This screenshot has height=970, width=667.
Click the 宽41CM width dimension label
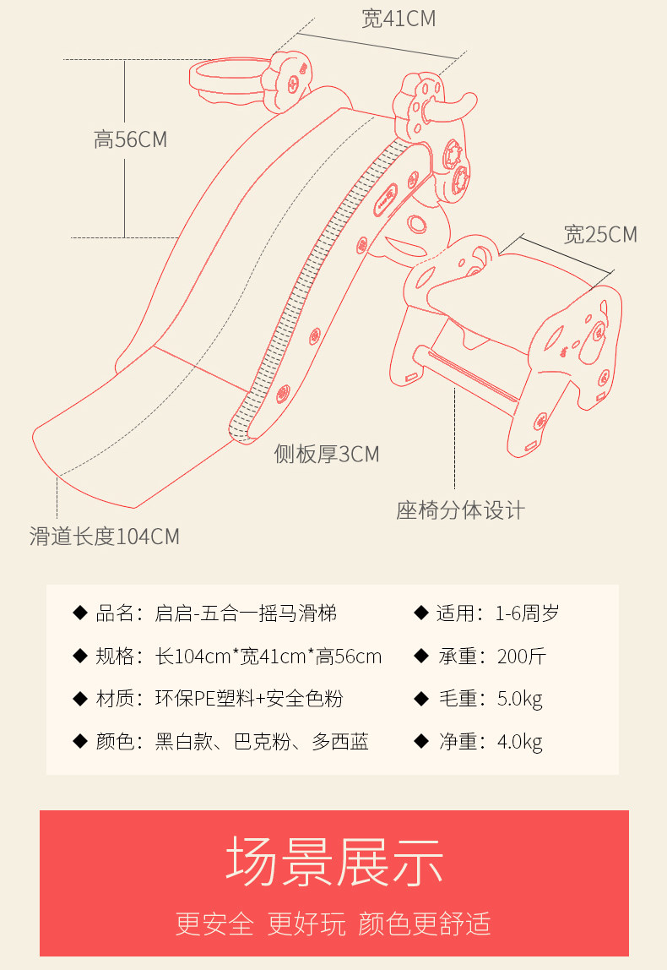coord(399,19)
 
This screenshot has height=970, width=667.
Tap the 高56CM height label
coord(130,139)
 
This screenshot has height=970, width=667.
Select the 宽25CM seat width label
coord(599,234)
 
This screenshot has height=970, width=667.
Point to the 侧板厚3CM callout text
coord(327,454)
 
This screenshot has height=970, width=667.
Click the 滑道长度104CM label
coord(105,537)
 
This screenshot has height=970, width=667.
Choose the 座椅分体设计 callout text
coord(460,510)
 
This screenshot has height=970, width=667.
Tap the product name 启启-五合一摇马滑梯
coord(246,613)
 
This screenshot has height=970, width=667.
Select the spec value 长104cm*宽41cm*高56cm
coord(268,656)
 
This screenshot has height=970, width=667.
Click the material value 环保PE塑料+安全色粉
coord(248,699)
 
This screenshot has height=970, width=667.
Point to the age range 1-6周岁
coord(528,613)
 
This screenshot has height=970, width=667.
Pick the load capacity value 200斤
coord(521,656)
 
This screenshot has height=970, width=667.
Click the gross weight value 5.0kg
coord(519,699)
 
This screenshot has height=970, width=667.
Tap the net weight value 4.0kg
coord(519,741)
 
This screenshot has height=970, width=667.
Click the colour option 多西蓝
coord(340,741)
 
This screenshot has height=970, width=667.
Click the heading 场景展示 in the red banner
coord(334,862)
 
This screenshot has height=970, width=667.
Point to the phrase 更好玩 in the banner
coord(306,924)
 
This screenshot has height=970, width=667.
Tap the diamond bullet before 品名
coord(80,613)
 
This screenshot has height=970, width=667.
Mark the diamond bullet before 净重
coord(421,741)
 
